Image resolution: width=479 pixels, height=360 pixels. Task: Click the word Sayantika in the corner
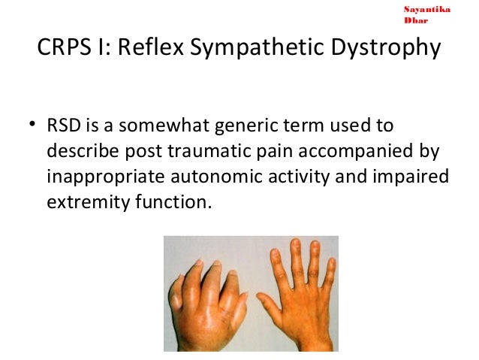click(426, 9)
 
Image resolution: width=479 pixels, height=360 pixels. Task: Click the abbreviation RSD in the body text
click(62, 124)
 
